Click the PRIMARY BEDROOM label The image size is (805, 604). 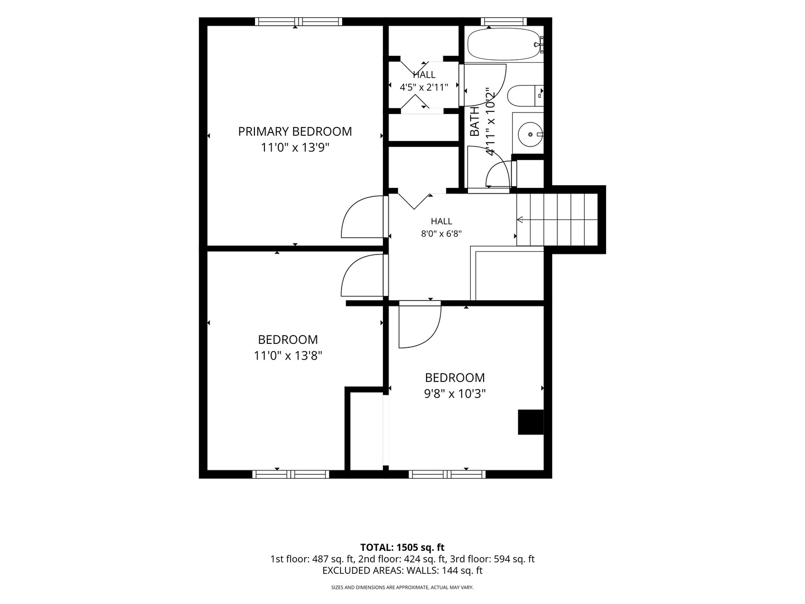[295, 131]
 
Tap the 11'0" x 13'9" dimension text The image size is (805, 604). [295, 148]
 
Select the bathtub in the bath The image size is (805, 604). [504, 44]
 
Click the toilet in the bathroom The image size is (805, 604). [525, 96]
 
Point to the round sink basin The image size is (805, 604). [531, 135]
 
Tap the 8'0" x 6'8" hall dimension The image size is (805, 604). [441, 234]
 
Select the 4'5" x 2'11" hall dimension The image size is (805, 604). [424, 87]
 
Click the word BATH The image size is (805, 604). [475, 121]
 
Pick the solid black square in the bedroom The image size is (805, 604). [531, 422]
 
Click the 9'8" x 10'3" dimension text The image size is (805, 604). [454, 394]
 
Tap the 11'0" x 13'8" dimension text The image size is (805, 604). [288, 355]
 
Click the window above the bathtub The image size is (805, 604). [504, 22]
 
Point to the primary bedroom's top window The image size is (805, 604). [299, 22]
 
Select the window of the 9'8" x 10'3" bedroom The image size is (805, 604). [447, 474]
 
